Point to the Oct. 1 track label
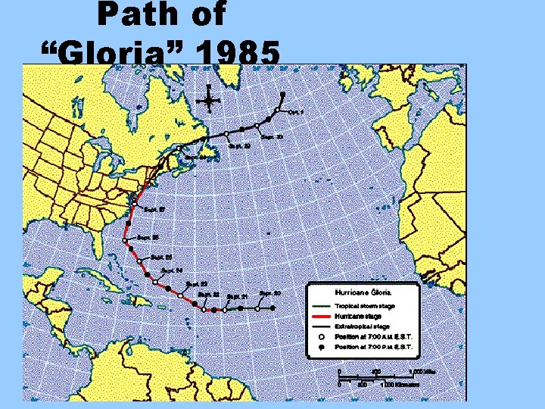click(x=296, y=112)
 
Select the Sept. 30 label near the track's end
click(x=272, y=137)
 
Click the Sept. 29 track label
click(x=240, y=145)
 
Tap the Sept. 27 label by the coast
click(x=154, y=209)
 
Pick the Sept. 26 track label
click(x=149, y=237)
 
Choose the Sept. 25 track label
click(x=162, y=258)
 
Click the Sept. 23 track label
click(x=198, y=284)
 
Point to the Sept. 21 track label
click(x=238, y=296)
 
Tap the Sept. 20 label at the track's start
click(x=270, y=293)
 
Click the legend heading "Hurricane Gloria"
click(x=363, y=291)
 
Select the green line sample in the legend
click(x=321, y=306)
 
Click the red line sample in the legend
click(x=321, y=316)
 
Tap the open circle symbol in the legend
click(x=321, y=336)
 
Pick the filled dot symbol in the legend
click(x=321, y=346)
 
